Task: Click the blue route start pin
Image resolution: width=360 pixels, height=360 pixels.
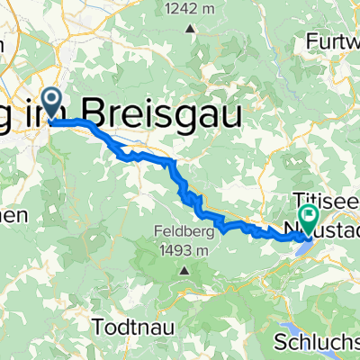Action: [52, 103]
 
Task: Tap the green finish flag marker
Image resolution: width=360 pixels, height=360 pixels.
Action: [310, 216]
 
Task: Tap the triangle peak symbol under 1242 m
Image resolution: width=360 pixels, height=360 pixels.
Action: [191, 28]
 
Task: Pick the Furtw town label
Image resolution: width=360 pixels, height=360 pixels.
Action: [333, 41]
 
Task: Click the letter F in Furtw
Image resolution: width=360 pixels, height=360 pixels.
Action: [311, 41]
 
